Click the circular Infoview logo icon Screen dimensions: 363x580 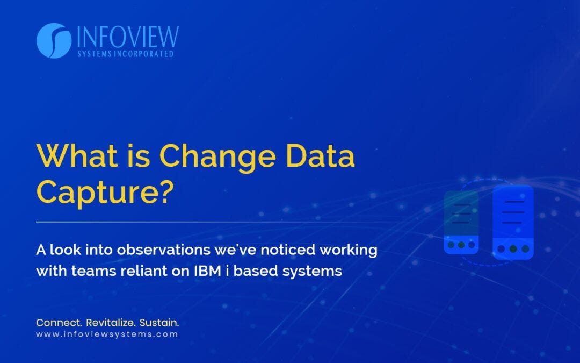coord(54,41)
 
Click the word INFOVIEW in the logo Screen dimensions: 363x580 coord(128,37)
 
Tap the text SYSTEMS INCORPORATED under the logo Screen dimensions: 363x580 coord(125,54)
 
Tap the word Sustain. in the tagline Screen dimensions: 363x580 coord(159,323)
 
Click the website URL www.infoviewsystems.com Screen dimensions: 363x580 coord(107,334)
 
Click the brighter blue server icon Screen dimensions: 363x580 coord(513,222)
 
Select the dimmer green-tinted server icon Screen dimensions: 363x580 coord(461,222)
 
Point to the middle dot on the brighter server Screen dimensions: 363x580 coord(513,249)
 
